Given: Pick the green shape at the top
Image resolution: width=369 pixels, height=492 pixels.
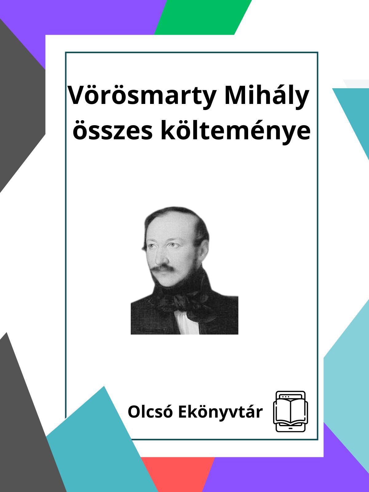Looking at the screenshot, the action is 203,17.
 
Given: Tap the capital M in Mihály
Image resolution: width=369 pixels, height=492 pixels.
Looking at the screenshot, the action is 237,95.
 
